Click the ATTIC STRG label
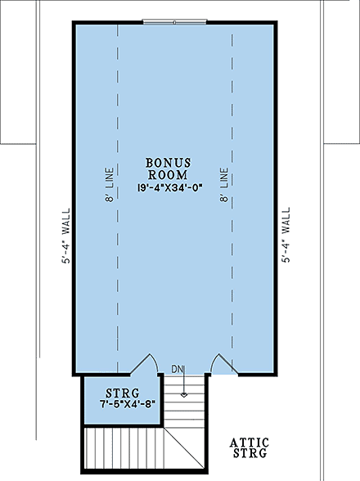pos(250,447)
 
